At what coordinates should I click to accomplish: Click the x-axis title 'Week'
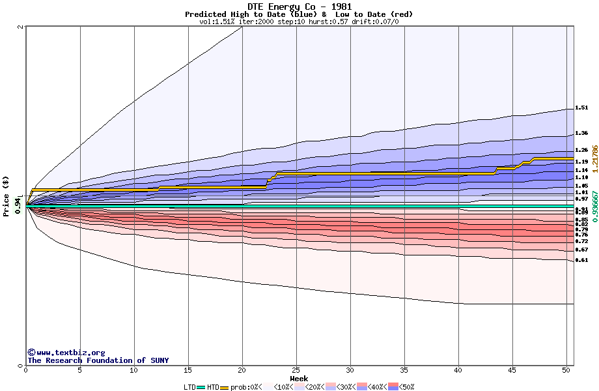click(299, 379)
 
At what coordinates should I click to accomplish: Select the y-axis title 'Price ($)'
click(7, 195)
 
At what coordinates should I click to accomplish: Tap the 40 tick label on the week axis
click(458, 370)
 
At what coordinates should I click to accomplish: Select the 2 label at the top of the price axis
click(21, 27)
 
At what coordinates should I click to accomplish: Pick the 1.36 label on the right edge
click(581, 133)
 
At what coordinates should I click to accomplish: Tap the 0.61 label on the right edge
click(581, 260)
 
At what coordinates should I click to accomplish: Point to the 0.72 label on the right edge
click(581, 241)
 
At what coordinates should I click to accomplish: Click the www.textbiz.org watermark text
click(66, 353)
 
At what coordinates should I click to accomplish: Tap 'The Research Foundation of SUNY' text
click(98, 360)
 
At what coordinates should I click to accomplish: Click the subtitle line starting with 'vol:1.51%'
click(299, 22)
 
